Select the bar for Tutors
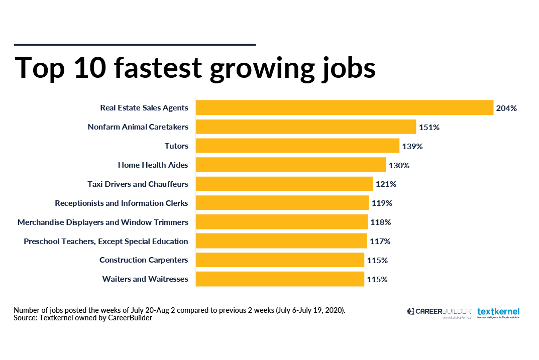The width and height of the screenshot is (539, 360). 297,146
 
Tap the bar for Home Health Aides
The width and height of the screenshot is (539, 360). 290,165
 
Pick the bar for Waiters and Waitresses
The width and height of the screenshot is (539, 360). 280,279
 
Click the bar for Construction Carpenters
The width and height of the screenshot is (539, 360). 280,260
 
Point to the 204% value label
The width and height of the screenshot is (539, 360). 506,108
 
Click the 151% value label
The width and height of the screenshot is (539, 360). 429,128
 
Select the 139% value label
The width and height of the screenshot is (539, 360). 412,147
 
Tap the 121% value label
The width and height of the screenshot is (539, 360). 386,184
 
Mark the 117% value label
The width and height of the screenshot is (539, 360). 380,242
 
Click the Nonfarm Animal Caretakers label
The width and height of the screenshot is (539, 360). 138,127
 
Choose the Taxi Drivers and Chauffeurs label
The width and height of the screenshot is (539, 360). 138,184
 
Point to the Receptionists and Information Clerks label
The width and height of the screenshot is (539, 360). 122,203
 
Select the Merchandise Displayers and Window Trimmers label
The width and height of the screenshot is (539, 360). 103,222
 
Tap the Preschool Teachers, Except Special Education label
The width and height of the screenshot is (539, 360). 106,242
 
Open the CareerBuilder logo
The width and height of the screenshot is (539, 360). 439,312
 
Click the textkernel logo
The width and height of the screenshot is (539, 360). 498,312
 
